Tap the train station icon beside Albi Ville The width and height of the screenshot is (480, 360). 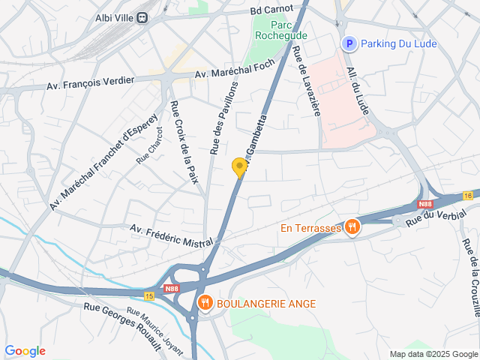141,18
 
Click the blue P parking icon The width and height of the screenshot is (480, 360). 347,44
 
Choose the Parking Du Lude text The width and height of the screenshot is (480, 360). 398,44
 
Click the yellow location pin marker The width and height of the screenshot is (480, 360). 240,168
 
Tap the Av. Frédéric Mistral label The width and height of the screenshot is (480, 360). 171,234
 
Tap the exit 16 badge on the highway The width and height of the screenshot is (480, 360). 469,195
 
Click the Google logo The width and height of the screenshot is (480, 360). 25,350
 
